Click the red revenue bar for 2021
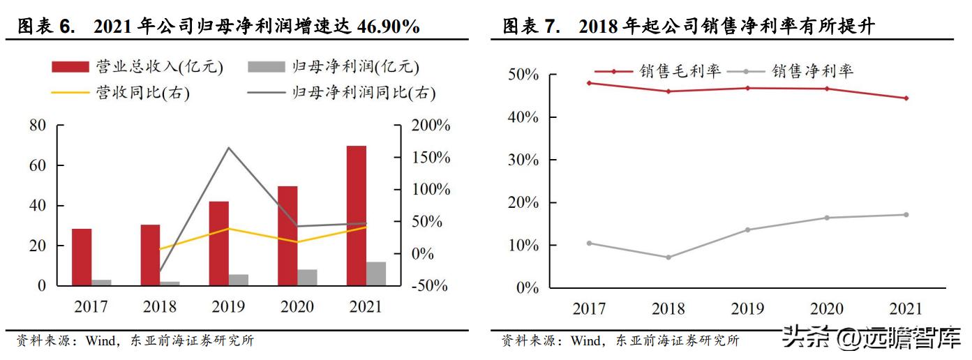click(x=357, y=215)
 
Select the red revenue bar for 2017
click(x=82, y=257)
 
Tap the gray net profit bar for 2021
click(x=376, y=273)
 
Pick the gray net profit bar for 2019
click(x=239, y=280)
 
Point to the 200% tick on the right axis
click(x=428, y=126)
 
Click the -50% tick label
click(x=428, y=286)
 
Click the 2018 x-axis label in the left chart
click(x=159, y=306)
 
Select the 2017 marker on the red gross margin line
click(x=590, y=83)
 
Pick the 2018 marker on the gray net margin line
click(x=668, y=257)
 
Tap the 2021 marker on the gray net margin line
click(x=906, y=215)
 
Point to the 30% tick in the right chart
click(x=523, y=160)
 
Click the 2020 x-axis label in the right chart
click(x=826, y=308)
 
